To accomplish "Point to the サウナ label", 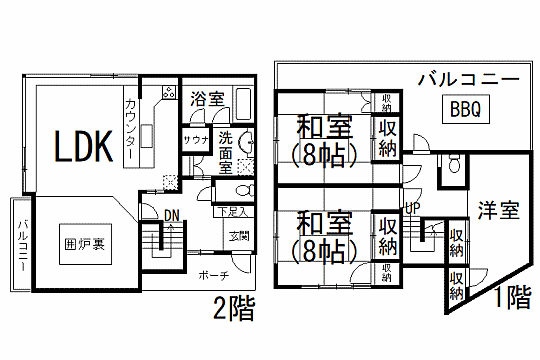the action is (x=195, y=140).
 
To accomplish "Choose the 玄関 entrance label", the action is (x=239, y=236).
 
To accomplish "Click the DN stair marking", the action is (x=171, y=213).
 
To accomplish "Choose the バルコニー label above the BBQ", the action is (x=467, y=77).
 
